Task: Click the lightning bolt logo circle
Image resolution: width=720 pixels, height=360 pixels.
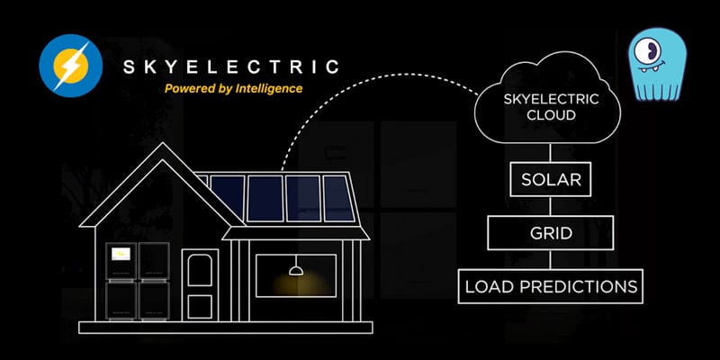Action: [x=71, y=66]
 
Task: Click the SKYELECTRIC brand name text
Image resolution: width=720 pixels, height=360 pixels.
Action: [x=231, y=67]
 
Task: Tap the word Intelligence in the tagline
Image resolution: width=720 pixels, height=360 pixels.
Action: [x=268, y=88]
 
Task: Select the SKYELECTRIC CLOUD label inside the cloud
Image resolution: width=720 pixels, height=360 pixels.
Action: [x=551, y=106]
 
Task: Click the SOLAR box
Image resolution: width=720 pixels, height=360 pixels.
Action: [x=551, y=179]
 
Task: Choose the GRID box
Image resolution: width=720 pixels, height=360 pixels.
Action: [x=551, y=233]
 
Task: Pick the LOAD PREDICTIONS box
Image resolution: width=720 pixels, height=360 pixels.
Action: [x=551, y=286]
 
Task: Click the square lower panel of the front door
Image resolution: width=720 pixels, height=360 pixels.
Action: [x=200, y=307]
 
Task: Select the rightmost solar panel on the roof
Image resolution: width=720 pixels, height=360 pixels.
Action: [x=338, y=198]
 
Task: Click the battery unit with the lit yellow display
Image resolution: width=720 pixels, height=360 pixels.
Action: [x=121, y=261]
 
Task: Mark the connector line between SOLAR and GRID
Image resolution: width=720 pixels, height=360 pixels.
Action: [x=550, y=206]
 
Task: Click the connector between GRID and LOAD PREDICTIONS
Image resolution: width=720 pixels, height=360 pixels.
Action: [x=550, y=260]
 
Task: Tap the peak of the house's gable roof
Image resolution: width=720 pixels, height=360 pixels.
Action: [x=162, y=143]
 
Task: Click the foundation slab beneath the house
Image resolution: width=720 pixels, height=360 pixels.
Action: [x=226, y=328]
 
